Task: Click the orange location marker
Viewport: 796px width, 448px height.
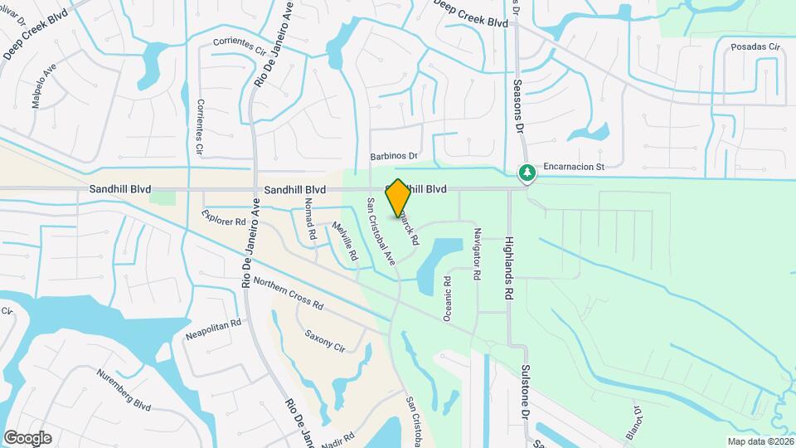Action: click(x=398, y=198)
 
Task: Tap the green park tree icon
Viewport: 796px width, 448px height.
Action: click(x=526, y=173)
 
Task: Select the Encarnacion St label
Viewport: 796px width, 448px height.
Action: click(x=575, y=167)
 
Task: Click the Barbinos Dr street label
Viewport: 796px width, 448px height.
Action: click(x=393, y=155)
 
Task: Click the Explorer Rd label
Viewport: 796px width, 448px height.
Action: click(x=224, y=217)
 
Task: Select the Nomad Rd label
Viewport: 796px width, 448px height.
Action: click(x=310, y=219)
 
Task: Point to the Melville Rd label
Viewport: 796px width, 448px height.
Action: click(x=344, y=242)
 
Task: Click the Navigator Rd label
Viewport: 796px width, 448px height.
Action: click(x=477, y=247)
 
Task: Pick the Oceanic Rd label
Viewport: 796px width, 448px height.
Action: click(x=447, y=298)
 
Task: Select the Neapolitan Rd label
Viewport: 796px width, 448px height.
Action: click(x=213, y=326)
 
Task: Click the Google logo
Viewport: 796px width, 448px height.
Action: click(x=27, y=437)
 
